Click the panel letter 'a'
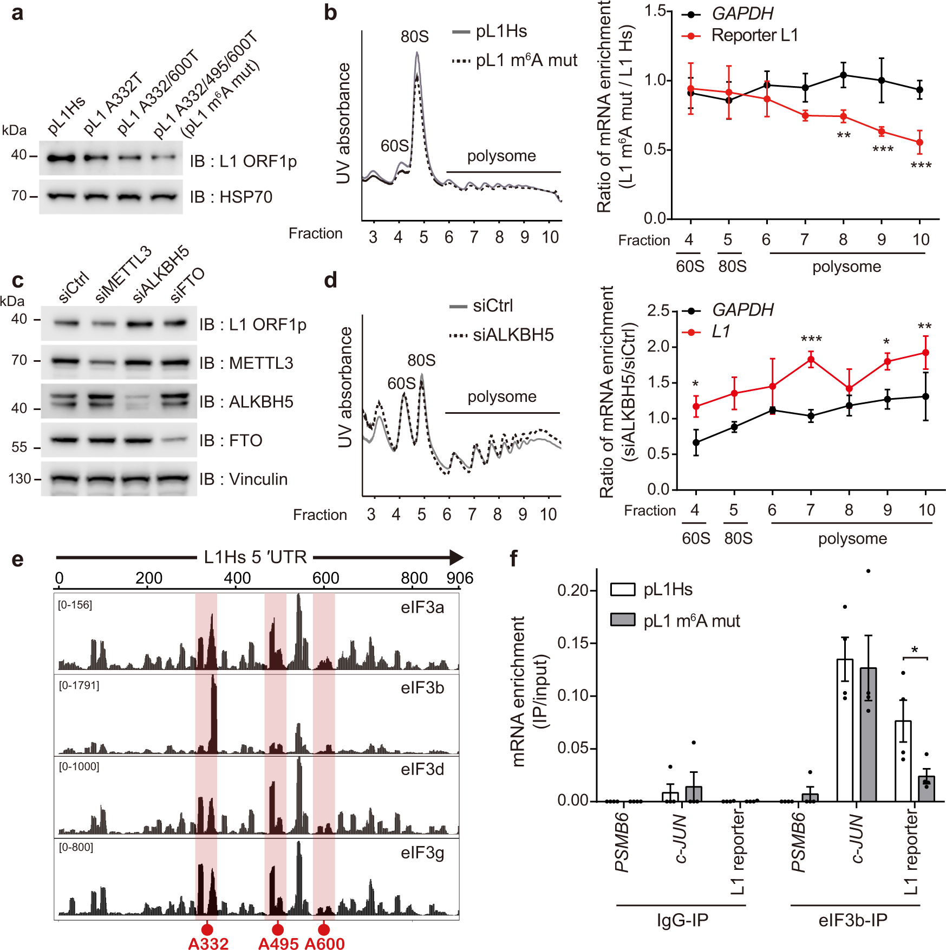[x=17, y=13]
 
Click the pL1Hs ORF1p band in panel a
[x=61, y=159]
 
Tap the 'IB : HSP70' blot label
[x=231, y=197]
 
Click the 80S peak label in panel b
[x=414, y=37]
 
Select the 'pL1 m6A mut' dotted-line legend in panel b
[x=514, y=60]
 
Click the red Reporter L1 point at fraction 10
[x=919, y=142]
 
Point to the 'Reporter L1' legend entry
[x=754, y=36]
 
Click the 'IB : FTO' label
[x=231, y=441]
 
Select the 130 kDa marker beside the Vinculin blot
[x=19, y=479]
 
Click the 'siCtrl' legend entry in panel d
[x=481, y=306]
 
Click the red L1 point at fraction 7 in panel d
[x=811, y=359]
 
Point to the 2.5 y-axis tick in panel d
[x=658, y=311]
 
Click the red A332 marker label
[x=208, y=944]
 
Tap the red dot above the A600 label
[x=324, y=929]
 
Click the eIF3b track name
[x=422, y=688]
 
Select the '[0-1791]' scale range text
[x=79, y=686]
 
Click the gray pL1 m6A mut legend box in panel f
[x=622, y=620]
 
